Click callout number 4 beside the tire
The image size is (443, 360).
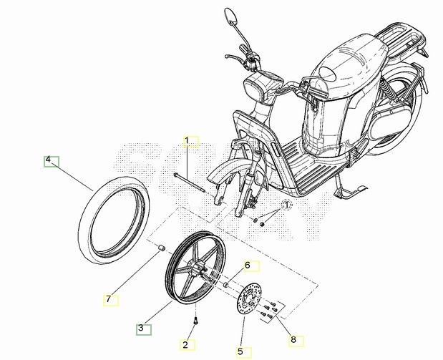tap(48, 160)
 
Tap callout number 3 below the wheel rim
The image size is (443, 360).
tap(141, 328)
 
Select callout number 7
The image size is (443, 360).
tap(108, 298)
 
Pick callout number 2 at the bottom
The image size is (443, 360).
tap(185, 345)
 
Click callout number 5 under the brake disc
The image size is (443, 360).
tap(240, 352)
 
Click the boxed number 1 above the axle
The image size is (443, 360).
tap(187, 140)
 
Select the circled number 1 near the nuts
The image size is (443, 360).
tap(286, 205)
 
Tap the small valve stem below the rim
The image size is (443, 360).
tap(195, 321)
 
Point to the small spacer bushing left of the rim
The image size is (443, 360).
tap(161, 248)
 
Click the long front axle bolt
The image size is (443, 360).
tap(189, 183)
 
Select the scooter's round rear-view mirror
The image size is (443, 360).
tap(230, 15)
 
